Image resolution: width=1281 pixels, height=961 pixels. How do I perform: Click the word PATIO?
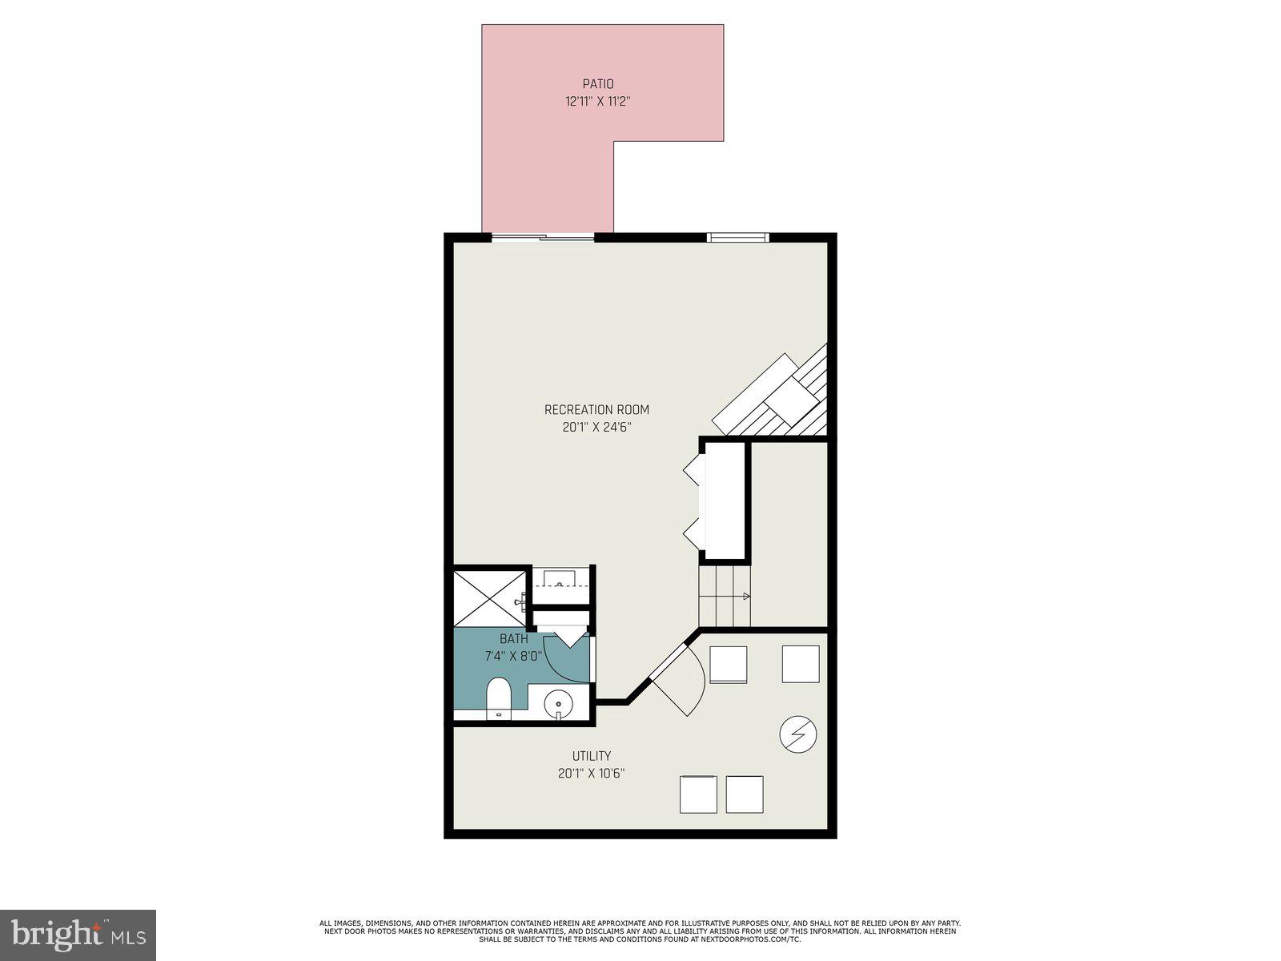pos(597,84)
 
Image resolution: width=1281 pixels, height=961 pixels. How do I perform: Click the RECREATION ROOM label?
pos(597,410)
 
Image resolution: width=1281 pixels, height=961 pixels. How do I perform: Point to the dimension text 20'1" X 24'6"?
pos(597,428)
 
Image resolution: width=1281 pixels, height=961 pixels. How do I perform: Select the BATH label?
pos(513,639)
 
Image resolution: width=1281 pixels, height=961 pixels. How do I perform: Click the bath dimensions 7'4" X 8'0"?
pos(513,656)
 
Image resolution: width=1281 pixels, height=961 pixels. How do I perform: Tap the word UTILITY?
pos(592,756)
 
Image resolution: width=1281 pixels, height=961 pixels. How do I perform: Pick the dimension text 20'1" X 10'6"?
pos(592,774)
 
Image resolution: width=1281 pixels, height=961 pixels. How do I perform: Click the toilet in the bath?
pos(499,698)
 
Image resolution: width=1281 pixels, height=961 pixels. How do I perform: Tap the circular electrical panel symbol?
pos(798,734)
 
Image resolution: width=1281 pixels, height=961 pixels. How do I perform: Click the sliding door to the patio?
pos(543,237)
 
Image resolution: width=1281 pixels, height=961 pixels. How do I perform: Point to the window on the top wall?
pos(738,237)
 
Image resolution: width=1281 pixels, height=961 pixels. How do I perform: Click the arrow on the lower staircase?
pos(745,596)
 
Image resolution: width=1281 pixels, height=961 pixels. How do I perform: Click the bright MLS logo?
pos(78,935)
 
